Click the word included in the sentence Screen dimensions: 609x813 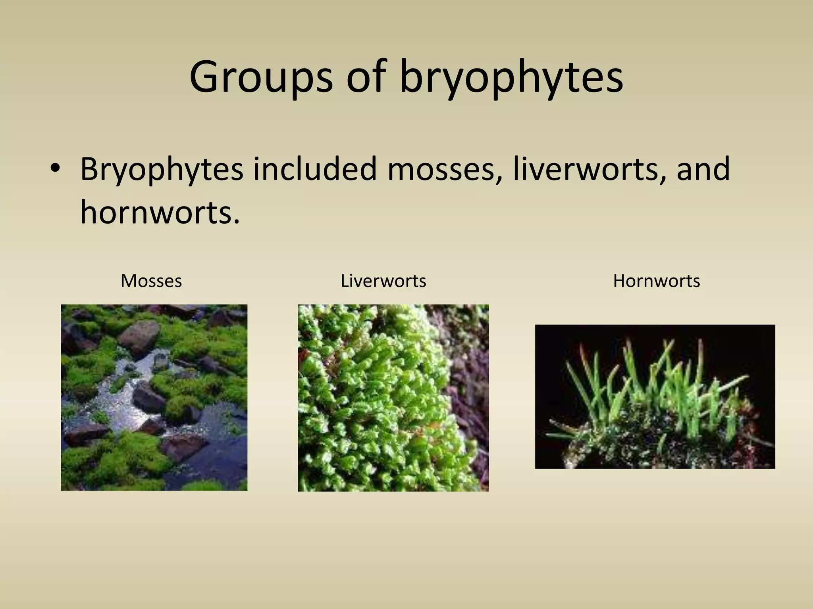pyautogui.click(x=314, y=169)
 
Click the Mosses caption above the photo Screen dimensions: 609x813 pyautogui.click(x=151, y=281)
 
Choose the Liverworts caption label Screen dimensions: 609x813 pyautogui.click(x=383, y=281)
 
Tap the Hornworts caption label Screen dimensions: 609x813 pyautogui.click(x=656, y=281)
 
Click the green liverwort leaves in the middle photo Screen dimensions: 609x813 pyautogui.click(x=369, y=396)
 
